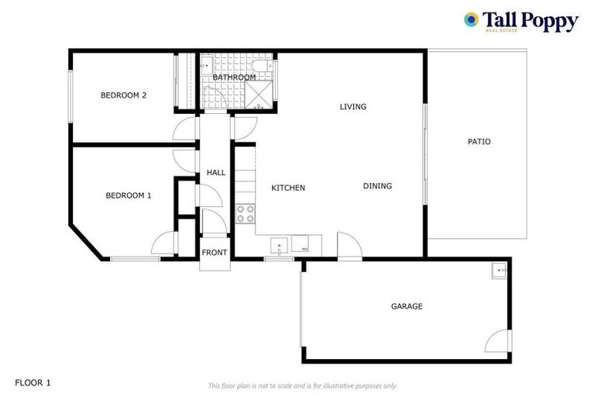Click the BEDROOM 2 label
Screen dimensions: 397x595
click(x=124, y=95)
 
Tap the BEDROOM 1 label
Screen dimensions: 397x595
click(x=128, y=195)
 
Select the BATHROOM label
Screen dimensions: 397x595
click(x=234, y=78)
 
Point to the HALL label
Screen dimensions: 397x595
click(x=216, y=172)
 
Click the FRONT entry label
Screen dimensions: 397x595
click(x=215, y=253)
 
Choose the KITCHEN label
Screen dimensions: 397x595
click(x=287, y=188)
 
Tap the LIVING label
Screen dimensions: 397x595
click(x=353, y=106)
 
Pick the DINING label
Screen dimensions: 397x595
click(x=377, y=186)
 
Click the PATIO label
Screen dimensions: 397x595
click(x=479, y=142)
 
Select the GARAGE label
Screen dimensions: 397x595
click(x=407, y=306)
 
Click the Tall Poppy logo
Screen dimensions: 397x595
click(x=521, y=21)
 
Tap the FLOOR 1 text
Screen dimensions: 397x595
click(x=33, y=382)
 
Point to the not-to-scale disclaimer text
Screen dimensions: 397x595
click(x=302, y=385)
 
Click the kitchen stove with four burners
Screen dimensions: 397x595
click(x=245, y=213)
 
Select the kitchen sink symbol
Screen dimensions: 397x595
click(x=280, y=247)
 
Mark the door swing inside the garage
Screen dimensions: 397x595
click(x=498, y=341)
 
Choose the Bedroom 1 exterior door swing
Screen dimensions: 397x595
click(x=164, y=246)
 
